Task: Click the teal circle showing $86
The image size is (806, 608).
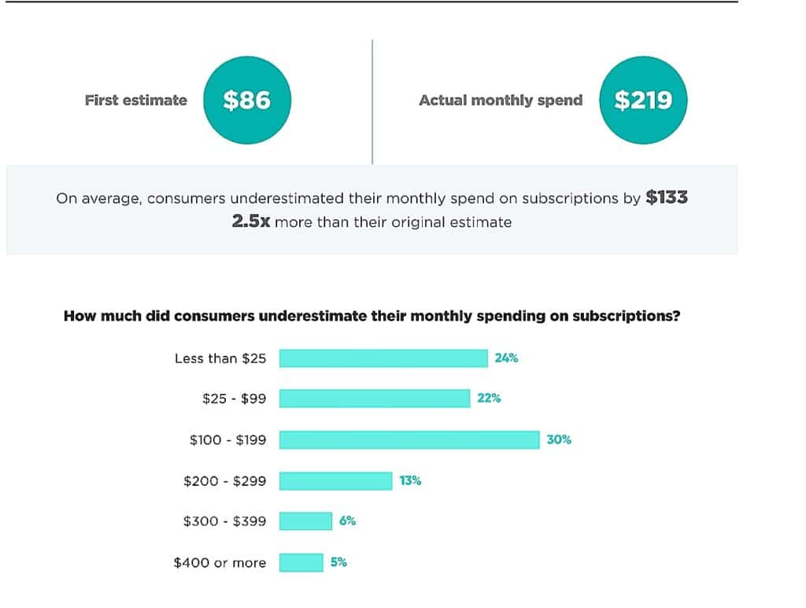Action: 246,100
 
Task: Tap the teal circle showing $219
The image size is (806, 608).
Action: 643,100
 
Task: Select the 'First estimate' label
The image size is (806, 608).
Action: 136,100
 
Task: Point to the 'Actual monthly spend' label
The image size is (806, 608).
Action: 501,100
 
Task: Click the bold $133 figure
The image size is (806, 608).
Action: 667,198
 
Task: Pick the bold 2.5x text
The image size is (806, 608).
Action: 251,222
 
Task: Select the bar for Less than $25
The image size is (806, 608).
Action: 383,358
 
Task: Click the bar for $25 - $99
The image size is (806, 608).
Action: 375,399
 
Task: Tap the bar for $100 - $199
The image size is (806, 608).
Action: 409,439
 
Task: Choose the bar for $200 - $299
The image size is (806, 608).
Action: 335,480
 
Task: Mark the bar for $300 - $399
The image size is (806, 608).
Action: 305,521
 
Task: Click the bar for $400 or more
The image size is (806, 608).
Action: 301,562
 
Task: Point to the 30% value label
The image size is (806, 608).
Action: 559,439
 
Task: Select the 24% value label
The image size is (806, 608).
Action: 506,358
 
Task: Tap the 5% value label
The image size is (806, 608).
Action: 338,562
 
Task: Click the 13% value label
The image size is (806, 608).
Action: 410,480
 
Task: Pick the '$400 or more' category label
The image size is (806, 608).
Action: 220,562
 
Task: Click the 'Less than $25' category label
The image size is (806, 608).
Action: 220,358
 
